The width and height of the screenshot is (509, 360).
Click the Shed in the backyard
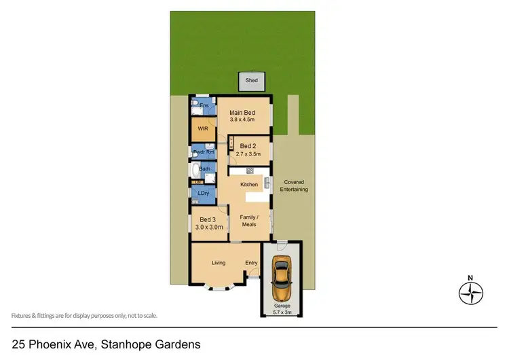252,81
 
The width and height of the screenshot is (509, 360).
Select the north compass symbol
470,293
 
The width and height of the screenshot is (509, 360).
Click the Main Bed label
242,113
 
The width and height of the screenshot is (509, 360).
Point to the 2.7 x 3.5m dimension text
248,154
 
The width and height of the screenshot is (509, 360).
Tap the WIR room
202,128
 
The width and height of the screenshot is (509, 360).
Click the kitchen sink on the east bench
267,182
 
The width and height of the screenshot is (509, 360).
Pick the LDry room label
202,194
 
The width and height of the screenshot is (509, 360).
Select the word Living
218,263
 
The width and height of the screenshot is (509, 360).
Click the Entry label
252,263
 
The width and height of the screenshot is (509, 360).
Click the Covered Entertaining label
295,185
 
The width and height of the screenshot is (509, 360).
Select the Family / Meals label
248,220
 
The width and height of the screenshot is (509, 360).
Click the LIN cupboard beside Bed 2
231,144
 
